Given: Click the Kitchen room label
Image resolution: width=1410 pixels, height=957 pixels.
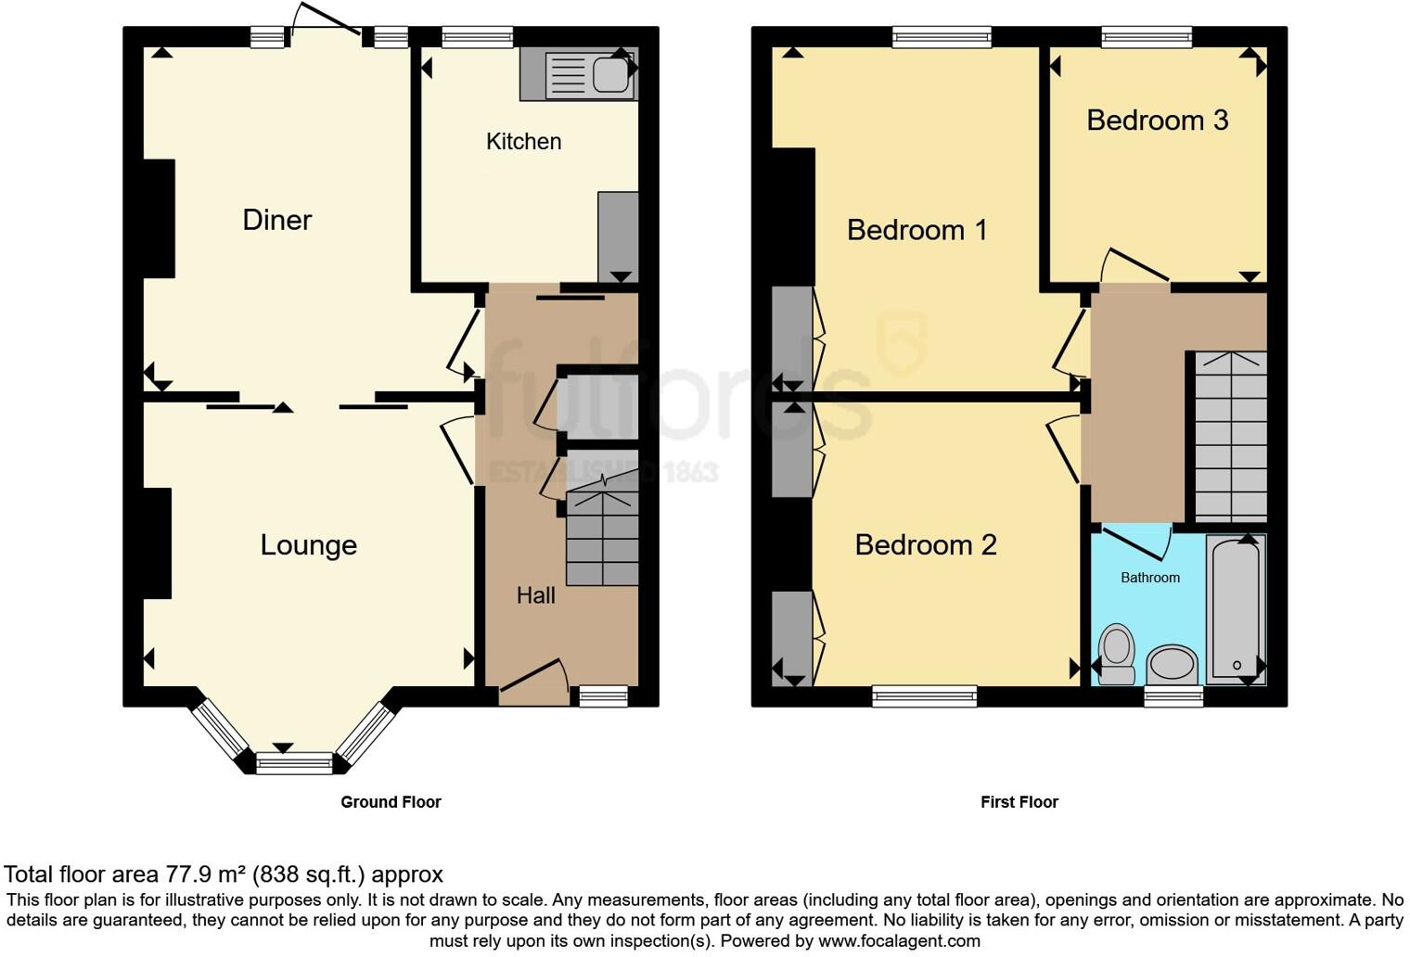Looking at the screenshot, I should click(523, 142).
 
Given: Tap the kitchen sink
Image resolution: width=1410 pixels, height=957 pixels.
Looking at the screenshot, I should click(590, 75).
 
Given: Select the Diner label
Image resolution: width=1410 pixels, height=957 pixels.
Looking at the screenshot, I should click(276, 220).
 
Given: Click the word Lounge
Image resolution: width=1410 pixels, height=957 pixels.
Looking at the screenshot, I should click(308, 545).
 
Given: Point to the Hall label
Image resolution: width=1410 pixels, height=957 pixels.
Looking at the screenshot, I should click(535, 595).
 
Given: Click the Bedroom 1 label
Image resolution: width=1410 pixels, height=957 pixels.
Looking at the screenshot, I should click(916, 230).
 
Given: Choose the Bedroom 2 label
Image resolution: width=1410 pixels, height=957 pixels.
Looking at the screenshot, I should click(925, 545).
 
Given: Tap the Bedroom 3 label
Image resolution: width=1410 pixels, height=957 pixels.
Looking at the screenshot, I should click(1157, 121).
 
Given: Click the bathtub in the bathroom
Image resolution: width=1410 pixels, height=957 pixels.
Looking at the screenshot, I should click(1236, 608).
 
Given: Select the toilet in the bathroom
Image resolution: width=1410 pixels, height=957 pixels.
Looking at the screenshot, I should click(1116, 654).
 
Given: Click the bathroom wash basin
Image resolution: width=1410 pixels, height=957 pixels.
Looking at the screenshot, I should click(1173, 664).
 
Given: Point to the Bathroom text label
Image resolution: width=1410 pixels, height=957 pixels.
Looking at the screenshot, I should click(1149, 578).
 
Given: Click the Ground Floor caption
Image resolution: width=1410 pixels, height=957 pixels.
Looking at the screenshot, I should click(391, 802).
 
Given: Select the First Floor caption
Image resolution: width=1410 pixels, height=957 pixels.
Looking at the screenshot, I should click(1019, 802).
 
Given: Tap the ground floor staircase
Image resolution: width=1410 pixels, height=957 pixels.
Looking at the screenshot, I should click(602, 538).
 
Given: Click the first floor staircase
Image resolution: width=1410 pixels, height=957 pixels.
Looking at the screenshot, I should click(1230, 436).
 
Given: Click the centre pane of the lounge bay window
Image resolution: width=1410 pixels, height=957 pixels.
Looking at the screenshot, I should click(294, 764).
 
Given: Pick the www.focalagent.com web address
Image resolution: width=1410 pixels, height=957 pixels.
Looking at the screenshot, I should click(898, 941).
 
